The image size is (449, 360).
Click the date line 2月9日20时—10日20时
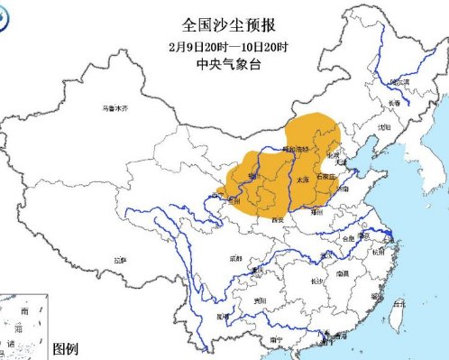coord(224,45)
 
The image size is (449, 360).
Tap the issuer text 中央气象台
coord(224,62)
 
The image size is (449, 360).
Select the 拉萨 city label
coord(120,260)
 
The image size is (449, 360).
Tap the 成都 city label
coord(235,259)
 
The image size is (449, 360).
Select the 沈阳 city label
coord(385,128)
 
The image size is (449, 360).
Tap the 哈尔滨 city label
coord(399,82)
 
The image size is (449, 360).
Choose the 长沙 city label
coord(318,282)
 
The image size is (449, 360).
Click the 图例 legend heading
coord(67,349)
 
